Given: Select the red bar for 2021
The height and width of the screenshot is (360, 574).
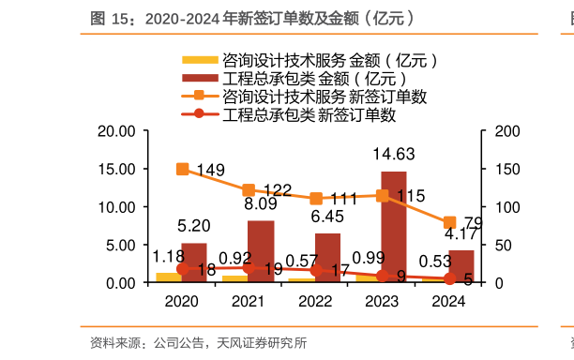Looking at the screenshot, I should [x=261, y=251].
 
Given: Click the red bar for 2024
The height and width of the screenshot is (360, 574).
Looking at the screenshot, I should [x=461, y=266].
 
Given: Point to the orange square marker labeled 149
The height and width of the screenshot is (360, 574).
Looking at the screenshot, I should [x=182, y=169].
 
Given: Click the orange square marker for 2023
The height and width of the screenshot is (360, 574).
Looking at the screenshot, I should [x=383, y=195].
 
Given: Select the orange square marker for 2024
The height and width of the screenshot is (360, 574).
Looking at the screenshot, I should [x=449, y=223].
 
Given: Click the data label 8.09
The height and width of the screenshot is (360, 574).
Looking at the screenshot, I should [x=261, y=203].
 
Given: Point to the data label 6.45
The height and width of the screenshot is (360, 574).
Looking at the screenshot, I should [x=327, y=217].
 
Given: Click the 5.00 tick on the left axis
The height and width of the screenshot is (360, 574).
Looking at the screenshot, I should [x=121, y=245].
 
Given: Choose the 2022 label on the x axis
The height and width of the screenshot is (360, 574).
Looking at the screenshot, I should [x=316, y=301].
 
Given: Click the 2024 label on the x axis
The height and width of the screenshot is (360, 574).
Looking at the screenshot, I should [x=449, y=301].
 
